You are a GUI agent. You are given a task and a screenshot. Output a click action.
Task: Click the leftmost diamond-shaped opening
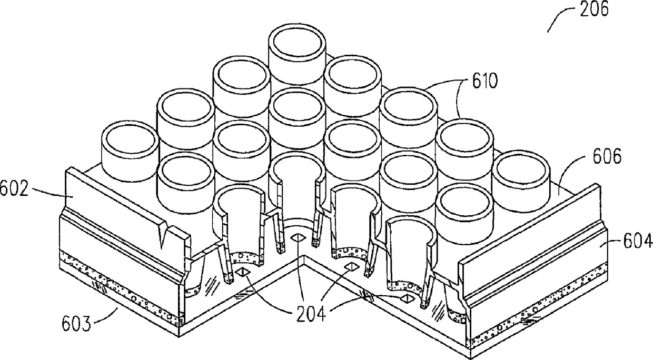tap(243, 272)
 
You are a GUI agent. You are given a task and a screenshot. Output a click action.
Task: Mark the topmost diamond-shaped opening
tap(297, 237)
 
